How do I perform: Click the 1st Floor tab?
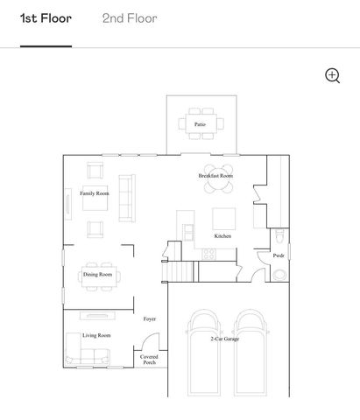[x=46, y=18]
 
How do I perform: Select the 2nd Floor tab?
[x=130, y=18]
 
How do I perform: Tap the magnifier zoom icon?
[x=333, y=75]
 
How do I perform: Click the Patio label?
[x=201, y=125]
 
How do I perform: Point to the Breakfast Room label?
[x=215, y=176]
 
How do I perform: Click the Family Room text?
[x=95, y=193]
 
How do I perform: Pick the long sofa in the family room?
[x=127, y=197]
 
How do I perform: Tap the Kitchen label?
[x=223, y=236]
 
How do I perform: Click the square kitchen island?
[x=224, y=218]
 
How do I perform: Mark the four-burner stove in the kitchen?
[x=208, y=254]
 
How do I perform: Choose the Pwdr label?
[x=279, y=255]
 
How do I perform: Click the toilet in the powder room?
[x=279, y=237]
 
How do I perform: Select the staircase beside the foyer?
[x=180, y=271]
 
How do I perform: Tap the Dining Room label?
[x=97, y=275]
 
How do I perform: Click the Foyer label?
[x=150, y=319]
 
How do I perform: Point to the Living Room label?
[x=96, y=335]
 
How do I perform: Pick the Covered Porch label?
[x=150, y=360]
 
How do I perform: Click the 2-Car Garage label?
[x=225, y=339]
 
